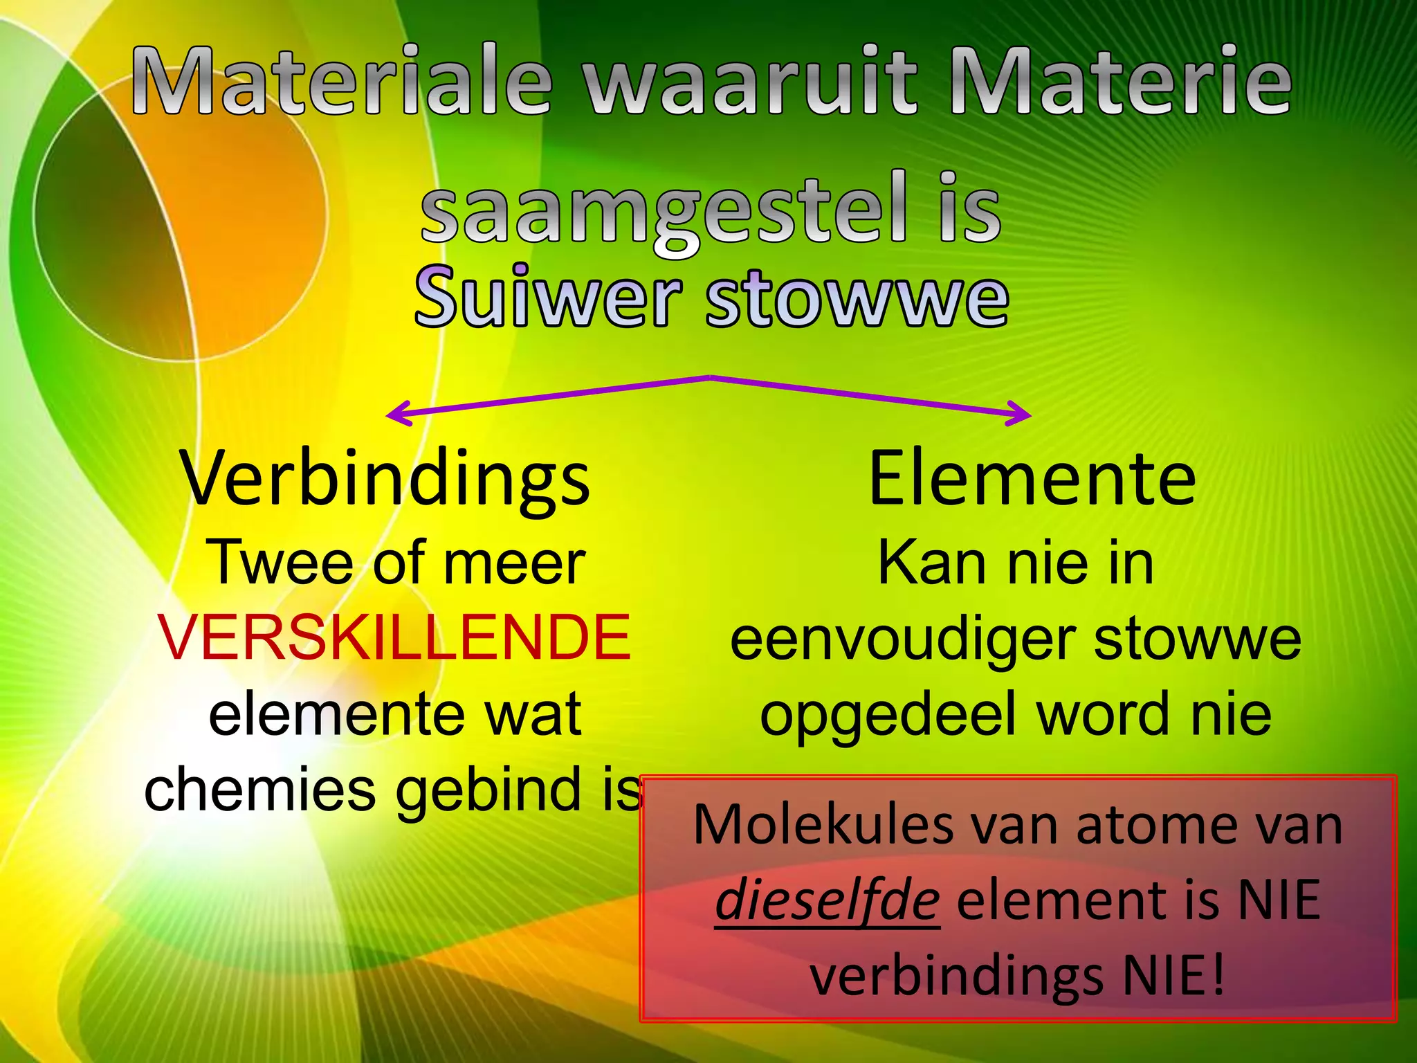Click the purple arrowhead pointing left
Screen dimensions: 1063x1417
click(x=396, y=415)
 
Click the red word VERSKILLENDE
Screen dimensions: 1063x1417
click(x=394, y=637)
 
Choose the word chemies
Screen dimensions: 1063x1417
click(x=259, y=791)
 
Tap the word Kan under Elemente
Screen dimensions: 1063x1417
click(x=931, y=563)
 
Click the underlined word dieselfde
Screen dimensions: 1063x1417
click(x=828, y=900)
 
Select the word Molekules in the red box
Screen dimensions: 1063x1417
click(x=823, y=825)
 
